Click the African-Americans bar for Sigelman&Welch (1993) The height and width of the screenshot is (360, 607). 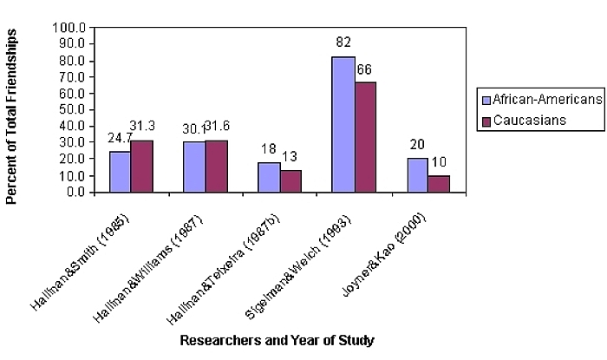coord(343,124)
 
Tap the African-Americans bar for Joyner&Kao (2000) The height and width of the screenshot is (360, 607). coord(417,175)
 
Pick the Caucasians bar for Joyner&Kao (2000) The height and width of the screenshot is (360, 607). coord(439,184)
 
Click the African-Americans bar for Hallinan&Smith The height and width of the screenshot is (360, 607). coord(120,172)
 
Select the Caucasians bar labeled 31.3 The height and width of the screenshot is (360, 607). coord(141,166)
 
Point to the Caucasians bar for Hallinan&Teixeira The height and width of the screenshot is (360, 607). coord(290,181)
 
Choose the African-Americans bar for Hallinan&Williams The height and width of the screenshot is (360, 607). coord(194,167)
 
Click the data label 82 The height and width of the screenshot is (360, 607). coord(343,41)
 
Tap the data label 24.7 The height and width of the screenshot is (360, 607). coord(120,137)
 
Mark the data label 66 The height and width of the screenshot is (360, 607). coord(366,68)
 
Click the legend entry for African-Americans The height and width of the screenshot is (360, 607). coord(540,100)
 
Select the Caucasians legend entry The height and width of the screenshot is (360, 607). coord(530,120)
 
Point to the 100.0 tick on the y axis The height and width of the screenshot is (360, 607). coord(68,28)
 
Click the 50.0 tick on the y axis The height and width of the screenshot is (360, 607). coord(70,110)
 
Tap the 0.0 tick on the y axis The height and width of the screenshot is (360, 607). coord(74,193)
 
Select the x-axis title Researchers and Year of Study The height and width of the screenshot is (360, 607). coord(277,341)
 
